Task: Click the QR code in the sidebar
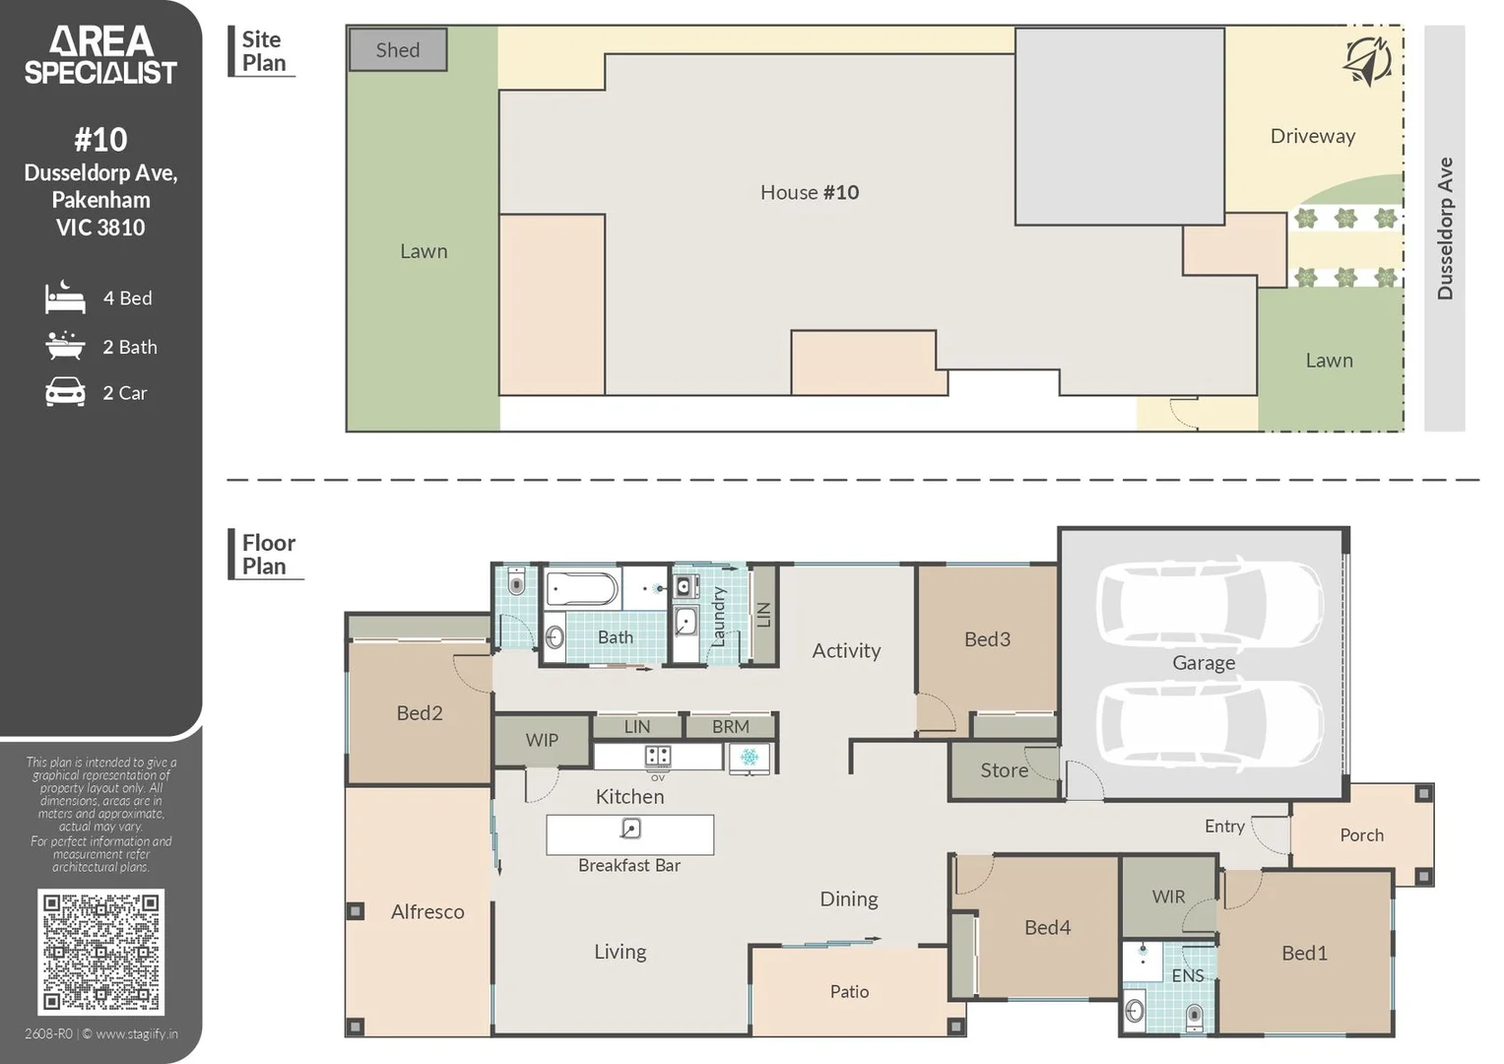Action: tap(100, 952)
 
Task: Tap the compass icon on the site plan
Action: tap(1367, 61)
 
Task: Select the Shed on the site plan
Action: tap(398, 49)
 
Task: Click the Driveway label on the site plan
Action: tap(1313, 136)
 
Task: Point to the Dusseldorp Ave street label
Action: tap(1444, 229)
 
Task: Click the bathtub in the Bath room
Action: tap(582, 589)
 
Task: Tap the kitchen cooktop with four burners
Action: tap(657, 757)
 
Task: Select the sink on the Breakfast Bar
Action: tap(629, 829)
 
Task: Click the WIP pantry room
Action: tap(542, 740)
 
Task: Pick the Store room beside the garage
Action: tap(1004, 769)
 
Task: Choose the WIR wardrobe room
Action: tap(1168, 897)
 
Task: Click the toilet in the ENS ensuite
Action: tap(1194, 1018)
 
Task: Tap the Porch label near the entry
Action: tap(1361, 835)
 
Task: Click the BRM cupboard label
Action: tap(731, 727)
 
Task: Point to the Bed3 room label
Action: tap(987, 638)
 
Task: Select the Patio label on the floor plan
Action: tap(849, 991)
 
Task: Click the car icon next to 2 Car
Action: tap(65, 392)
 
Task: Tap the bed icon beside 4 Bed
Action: tap(65, 297)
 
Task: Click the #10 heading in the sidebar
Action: tap(100, 140)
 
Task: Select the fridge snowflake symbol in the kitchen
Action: tap(749, 758)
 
